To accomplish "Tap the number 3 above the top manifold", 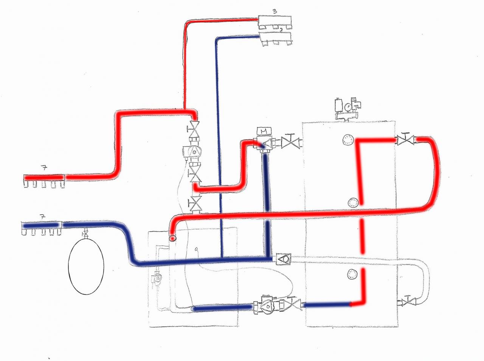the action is pos(275,11).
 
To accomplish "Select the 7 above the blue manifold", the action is pos(43,216).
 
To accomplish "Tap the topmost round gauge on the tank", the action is pos(346,140).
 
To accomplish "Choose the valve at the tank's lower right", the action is pos(408,302).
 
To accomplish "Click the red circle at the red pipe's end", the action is pos(172,238).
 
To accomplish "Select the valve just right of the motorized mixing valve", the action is pos(291,143).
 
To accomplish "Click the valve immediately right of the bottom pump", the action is pos(292,304).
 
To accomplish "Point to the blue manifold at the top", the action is pos(275,39).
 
